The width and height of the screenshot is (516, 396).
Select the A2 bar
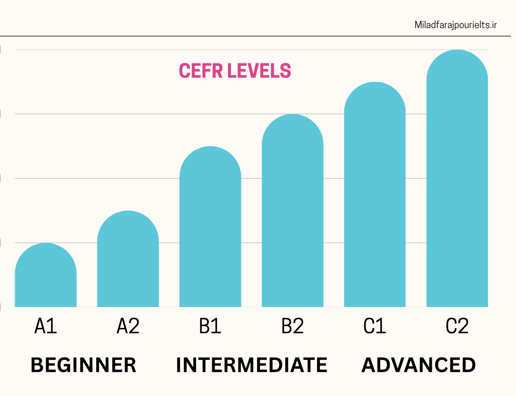128,262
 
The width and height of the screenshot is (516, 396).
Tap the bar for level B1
210,228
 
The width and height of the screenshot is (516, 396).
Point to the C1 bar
375,195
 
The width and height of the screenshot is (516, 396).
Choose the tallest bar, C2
457,181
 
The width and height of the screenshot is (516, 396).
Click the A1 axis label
46,327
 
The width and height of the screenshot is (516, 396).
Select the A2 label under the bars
128,327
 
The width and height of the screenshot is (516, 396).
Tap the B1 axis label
210,327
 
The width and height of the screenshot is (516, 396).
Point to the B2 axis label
292,327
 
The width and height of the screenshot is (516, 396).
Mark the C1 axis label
375,327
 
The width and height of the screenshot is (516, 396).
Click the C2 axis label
457,327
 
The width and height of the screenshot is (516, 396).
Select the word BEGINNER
83,365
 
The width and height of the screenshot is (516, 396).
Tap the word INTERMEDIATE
251,365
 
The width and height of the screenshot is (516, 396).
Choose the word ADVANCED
418,365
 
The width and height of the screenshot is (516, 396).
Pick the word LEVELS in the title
259,71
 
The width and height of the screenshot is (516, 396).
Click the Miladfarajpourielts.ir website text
456,25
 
